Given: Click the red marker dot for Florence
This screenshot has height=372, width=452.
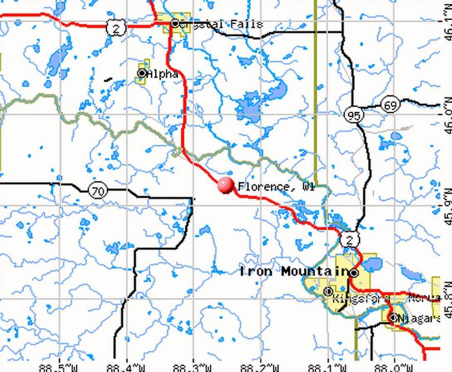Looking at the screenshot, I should (x=226, y=185).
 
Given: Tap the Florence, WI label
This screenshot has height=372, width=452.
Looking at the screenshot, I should (x=276, y=187).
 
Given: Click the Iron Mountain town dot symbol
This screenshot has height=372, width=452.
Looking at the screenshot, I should (x=354, y=273).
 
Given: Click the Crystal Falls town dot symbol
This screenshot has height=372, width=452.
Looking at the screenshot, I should (x=175, y=24).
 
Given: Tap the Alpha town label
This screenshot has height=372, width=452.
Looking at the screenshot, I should (x=162, y=74).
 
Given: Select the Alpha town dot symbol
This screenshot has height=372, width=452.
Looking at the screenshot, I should (x=142, y=73).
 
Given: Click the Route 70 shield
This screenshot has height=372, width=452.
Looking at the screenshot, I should (x=98, y=191).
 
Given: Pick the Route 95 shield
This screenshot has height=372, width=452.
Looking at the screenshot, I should (x=354, y=115).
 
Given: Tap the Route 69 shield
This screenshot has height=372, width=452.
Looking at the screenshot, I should (x=390, y=105).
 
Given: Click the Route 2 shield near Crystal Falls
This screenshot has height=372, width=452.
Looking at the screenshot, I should (x=116, y=28).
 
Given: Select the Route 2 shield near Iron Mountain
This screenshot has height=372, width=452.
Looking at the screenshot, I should (x=349, y=240).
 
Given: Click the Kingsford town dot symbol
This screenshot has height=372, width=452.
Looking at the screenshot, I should (x=328, y=291).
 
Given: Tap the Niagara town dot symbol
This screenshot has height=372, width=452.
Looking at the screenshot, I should (x=393, y=318).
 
